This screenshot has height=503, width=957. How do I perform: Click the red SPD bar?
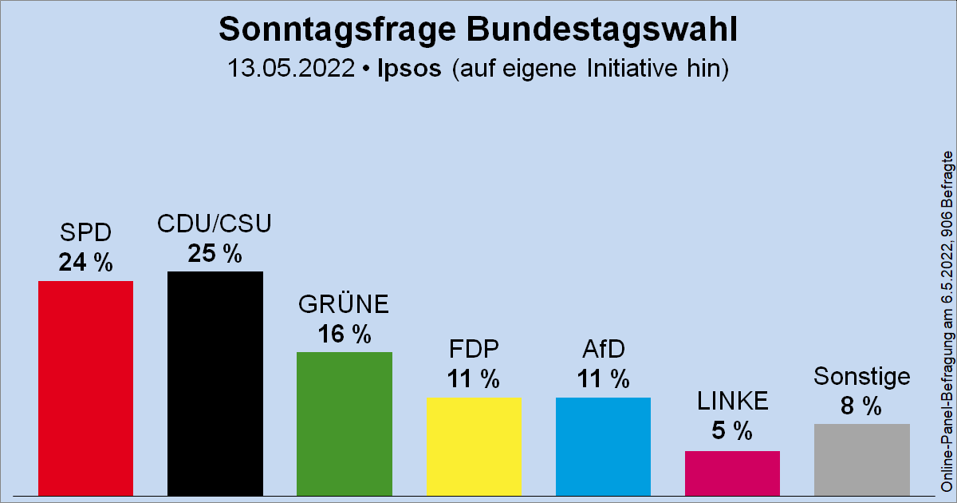85,388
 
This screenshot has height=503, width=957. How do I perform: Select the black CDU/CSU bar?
215,383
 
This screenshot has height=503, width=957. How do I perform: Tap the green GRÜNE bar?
344,423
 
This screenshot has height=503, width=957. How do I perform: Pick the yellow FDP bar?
474,446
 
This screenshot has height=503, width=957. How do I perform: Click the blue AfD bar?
603,446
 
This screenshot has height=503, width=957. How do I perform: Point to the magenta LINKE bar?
732,473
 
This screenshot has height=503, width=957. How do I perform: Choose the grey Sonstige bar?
861,459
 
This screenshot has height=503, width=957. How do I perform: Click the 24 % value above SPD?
85,263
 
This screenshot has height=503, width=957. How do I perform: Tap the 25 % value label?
215,253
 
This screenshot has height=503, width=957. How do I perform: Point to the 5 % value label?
732,432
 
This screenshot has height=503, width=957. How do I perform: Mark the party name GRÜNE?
344,305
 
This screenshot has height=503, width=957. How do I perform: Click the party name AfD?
603,350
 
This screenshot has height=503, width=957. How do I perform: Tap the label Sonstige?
861,377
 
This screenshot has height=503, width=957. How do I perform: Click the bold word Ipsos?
408,69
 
